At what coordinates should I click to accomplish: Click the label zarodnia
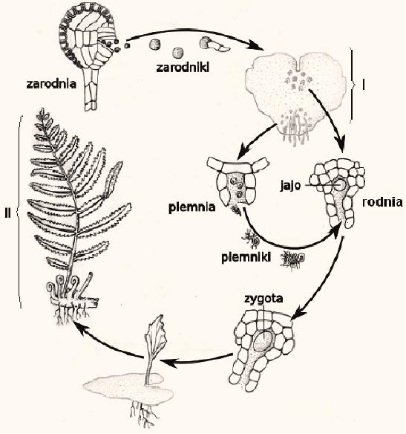click(51, 84)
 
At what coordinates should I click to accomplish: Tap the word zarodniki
click(183, 68)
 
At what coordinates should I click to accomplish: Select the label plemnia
click(191, 207)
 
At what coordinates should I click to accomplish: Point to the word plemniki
click(246, 257)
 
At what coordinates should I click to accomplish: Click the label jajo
click(290, 186)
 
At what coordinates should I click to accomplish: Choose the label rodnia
click(382, 202)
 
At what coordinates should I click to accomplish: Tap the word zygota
click(263, 299)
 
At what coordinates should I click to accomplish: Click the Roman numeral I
click(364, 85)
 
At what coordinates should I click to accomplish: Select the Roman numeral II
click(7, 213)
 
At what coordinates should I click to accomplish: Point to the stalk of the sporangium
click(92, 89)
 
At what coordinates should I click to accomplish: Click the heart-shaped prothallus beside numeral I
click(295, 91)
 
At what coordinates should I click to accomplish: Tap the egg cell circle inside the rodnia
click(339, 184)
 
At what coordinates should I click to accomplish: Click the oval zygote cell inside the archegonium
click(263, 341)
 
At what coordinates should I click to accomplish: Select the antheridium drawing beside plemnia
click(238, 184)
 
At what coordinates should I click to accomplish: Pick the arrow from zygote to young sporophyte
click(197, 360)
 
